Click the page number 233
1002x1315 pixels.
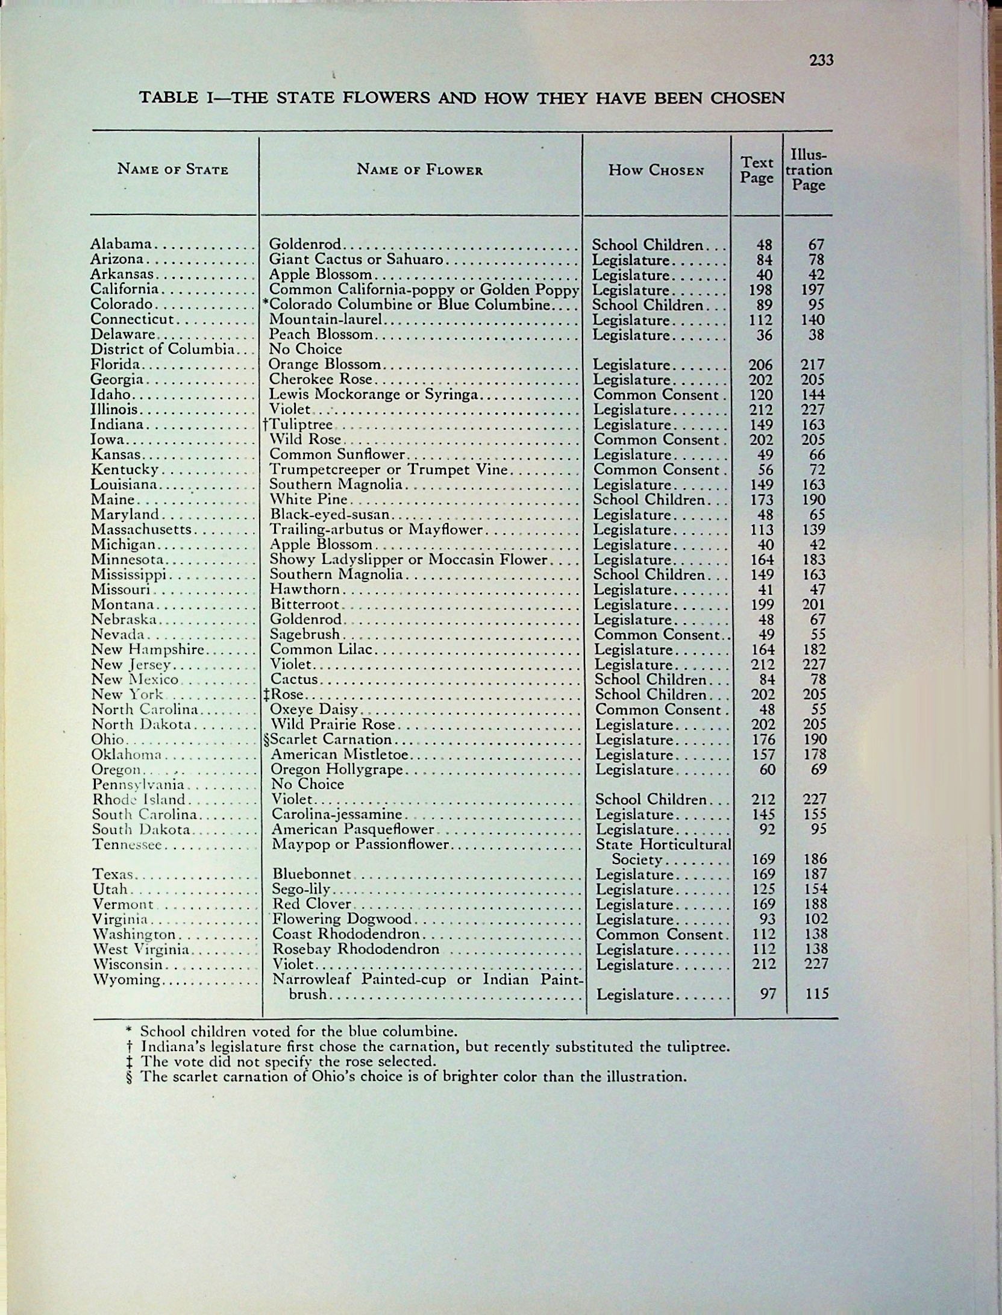click(x=821, y=60)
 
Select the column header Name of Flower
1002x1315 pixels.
click(x=420, y=170)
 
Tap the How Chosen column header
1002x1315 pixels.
click(x=656, y=170)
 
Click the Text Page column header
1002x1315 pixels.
click(x=757, y=170)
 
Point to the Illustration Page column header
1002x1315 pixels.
click(x=808, y=170)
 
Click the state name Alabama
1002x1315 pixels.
click(x=121, y=244)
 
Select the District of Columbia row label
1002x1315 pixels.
click(x=162, y=350)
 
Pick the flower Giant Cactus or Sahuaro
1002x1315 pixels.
click(x=356, y=260)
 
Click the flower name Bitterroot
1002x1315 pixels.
click(x=305, y=604)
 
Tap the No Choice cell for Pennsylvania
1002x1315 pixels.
click(x=307, y=784)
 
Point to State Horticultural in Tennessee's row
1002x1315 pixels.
click(x=663, y=844)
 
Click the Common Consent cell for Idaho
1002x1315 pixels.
click(x=657, y=395)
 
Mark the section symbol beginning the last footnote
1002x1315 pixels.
click(x=130, y=1077)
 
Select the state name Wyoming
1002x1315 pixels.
click(x=127, y=980)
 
